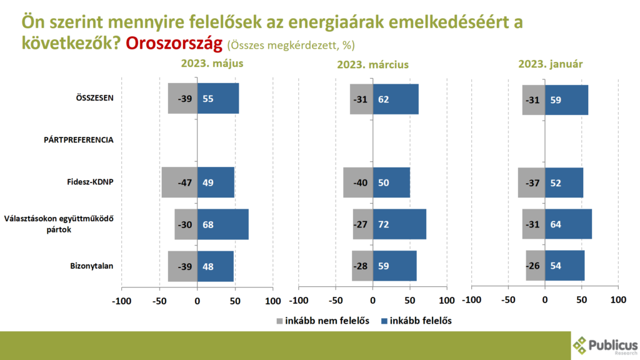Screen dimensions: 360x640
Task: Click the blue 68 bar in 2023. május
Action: [x=222, y=224]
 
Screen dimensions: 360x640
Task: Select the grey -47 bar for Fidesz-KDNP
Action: [x=179, y=182]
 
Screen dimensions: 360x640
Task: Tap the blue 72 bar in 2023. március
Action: [x=399, y=224]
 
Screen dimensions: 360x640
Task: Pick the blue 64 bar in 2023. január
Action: [x=568, y=224]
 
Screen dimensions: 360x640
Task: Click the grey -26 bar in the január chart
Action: [x=535, y=266]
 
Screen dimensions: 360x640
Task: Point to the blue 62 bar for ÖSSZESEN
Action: [x=396, y=99]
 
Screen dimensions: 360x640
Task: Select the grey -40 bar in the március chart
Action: [x=358, y=182]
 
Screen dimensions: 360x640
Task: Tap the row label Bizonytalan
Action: [x=92, y=266]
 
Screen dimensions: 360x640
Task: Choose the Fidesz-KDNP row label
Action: [x=90, y=182]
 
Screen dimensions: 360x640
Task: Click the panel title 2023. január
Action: [x=551, y=64]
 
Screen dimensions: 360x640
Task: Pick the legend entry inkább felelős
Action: [x=414, y=321]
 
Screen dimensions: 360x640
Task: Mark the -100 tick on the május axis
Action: [x=121, y=301]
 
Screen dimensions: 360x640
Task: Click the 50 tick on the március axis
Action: [x=410, y=301]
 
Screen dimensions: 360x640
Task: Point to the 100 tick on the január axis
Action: [x=618, y=301]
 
